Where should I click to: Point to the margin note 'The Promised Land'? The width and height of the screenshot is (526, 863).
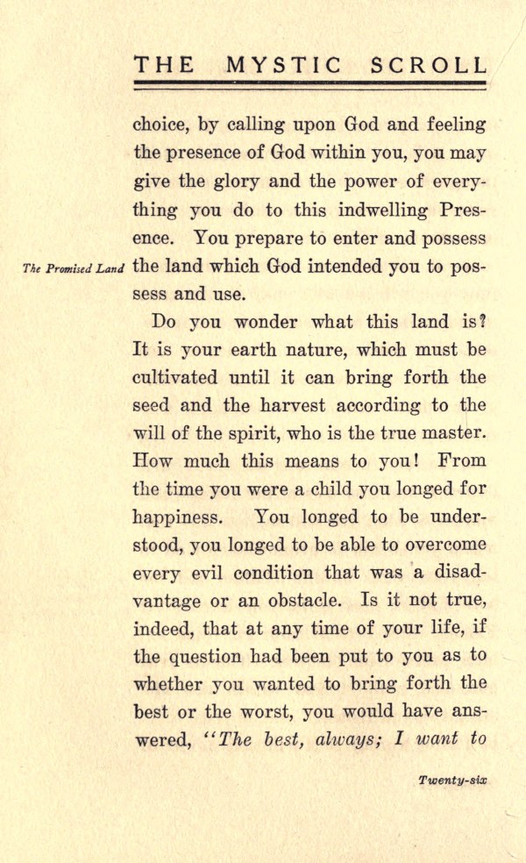click(x=68, y=269)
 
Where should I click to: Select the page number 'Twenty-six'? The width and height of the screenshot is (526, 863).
click(x=452, y=780)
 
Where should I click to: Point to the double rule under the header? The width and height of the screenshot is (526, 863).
click(x=309, y=85)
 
